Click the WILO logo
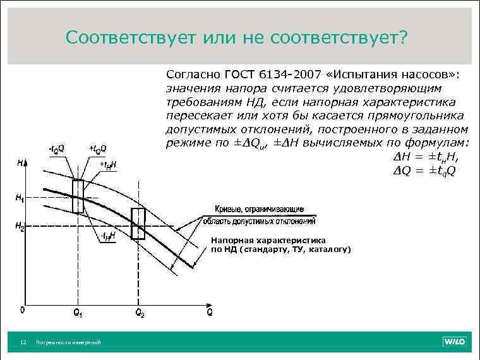pyautogui.click(x=455, y=342)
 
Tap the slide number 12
pyautogui.click(x=23, y=342)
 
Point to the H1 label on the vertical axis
pyautogui.click(x=20, y=198)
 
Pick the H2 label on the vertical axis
pyautogui.click(x=20, y=225)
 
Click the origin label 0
pyautogui.click(x=21, y=310)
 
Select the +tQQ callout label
pyautogui.click(x=98, y=149)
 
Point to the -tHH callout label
pyautogui.click(x=106, y=236)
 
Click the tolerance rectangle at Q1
pyautogui.click(x=78, y=196)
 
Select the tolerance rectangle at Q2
pyautogui.click(x=138, y=224)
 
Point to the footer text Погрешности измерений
pyautogui.click(x=69, y=342)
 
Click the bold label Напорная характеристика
pyautogui.click(x=268, y=241)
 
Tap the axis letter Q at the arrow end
pyautogui.click(x=209, y=313)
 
